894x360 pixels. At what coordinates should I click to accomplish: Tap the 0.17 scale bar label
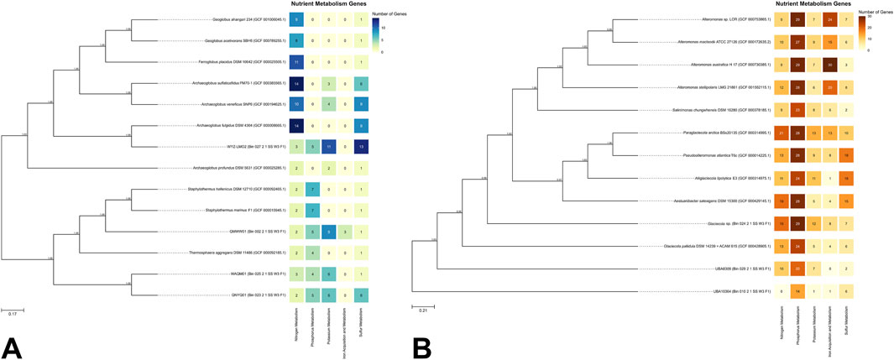click(x=13, y=314)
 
